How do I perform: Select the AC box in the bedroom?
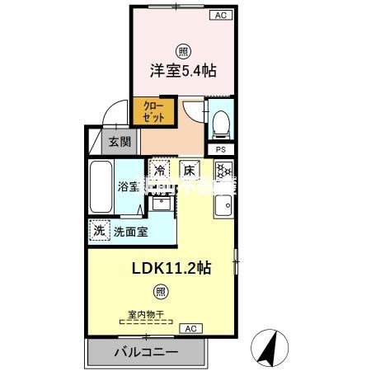click(221, 15)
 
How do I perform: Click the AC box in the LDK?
click(190, 328)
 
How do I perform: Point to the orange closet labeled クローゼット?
click(154, 111)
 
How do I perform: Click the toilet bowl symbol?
click(219, 124)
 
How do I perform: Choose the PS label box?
click(220, 149)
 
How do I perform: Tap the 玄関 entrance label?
click(120, 141)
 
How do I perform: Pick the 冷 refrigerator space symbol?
click(158, 171)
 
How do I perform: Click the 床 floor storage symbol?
click(189, 171)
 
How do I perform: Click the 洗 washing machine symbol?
click(99, 232)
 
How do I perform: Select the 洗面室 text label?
click(131, 232)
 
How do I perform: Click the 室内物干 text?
click(147, 313)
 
